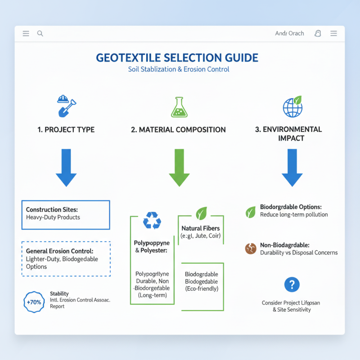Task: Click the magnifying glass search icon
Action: pyautogui.click(x=40, y=33)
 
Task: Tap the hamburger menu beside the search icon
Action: pyautogui.click(x=26, y=33)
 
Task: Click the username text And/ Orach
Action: pyautogui.click(x=289, y=33)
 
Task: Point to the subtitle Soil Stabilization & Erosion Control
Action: pyautogui.click(x=179, y=69)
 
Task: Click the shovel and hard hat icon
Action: pyautogui.click(x=65, y=106)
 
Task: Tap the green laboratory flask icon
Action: pyautogui.click(x=178, y=107)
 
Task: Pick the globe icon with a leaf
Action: pyautogui.click(x=292, y=107)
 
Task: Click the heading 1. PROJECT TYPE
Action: pyautogui.click(x=66, y=130)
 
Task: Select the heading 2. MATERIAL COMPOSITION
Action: pyautogui.click(x=178, y=130)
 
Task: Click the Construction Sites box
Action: pyautogui.click(x=66, y=215)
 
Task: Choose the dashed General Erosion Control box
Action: pyautogui.click(x=66, y=259)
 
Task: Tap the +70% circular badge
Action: pyautogui.click(x=34, y=302)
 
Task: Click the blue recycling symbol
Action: pyautogui.click(x=152, y=221)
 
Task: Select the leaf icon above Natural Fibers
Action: pyautogui.click(x=201, y=213)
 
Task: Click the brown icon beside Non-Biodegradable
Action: pyautogui.click(x=251, y=248)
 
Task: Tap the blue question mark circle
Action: pyautogui.click(x=292, y=284)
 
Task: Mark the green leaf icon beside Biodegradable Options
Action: pyautogui.click(x=251, y=211)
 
